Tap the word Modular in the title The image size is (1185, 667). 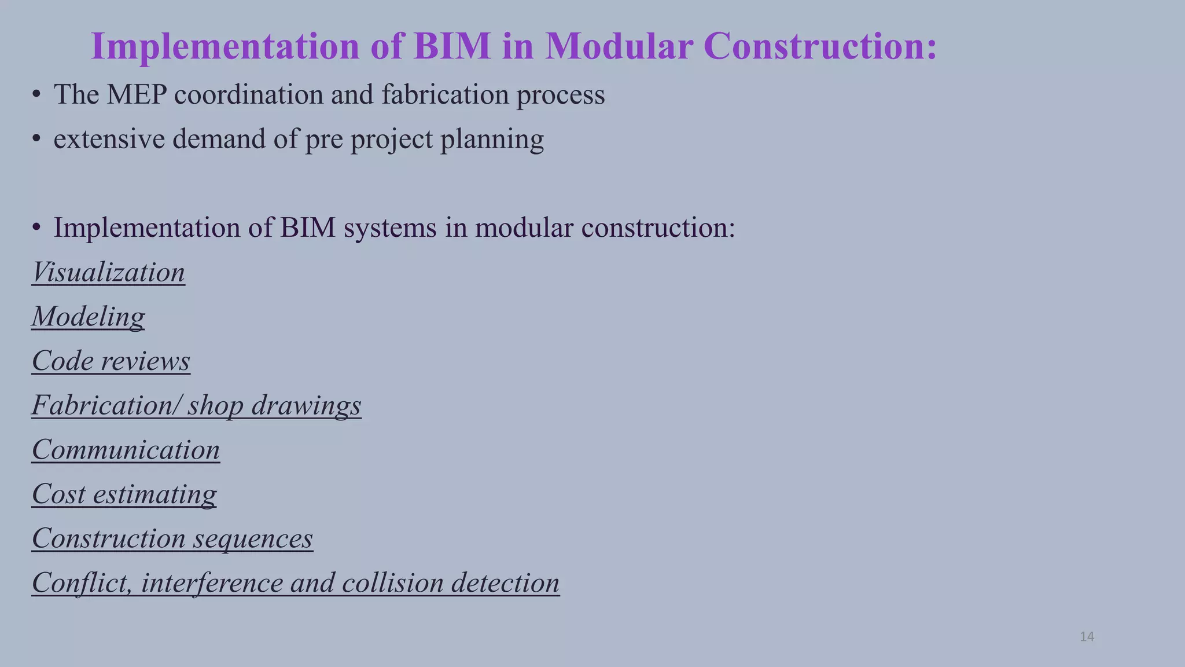pos(619,46)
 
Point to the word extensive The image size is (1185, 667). pos(109,139)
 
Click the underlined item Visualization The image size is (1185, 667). pos(108,272)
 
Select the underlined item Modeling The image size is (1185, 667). pos(88,317)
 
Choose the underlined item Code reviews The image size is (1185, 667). pos(111,361)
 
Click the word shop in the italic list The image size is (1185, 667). pos(215,406)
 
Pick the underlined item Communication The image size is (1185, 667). pos(126,450)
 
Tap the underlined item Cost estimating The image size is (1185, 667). pos(124,494)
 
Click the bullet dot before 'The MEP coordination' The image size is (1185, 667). pos(36,95)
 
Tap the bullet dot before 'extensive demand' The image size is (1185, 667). pos(36,140)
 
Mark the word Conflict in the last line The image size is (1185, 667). pos(82,582)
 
